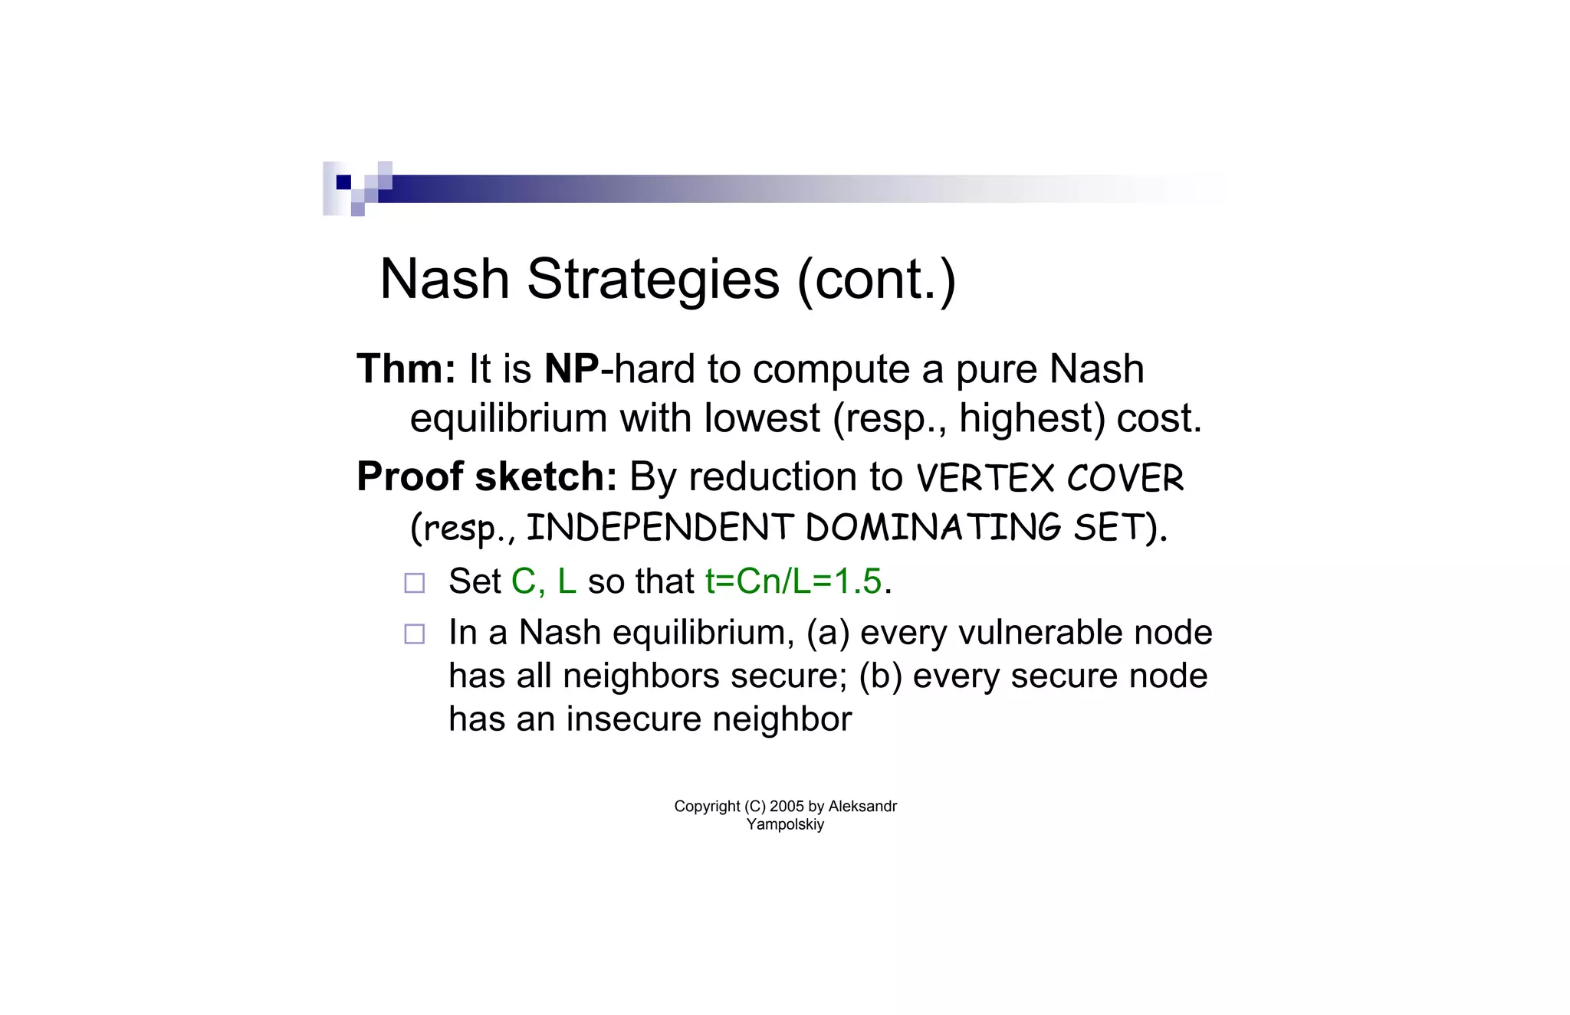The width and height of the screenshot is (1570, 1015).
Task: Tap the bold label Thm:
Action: [x=406, y=369]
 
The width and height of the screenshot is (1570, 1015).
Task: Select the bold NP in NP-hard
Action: [x=571, y=369]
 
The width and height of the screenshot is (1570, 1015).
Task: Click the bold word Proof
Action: [x=409, y=477]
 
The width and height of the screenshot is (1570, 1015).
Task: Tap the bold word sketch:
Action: [x=546, y=477]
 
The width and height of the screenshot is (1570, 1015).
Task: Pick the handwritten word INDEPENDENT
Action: [x=659, y=528]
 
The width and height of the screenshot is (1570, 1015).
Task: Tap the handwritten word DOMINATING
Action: [x=933, y=528]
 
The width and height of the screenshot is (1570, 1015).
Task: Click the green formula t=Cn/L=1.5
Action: [x=793, y=581]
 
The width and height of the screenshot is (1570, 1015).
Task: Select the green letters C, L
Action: [x=544, y=581]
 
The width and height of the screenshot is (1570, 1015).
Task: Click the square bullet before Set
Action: [x=415, y=583]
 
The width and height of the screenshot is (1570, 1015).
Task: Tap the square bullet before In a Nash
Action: [x=415, y=634]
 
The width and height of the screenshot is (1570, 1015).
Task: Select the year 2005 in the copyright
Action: [x=787, y=807]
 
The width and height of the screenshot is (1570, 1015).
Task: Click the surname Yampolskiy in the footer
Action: [x=785, y=825]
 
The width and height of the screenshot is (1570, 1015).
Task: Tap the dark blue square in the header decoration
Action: [x=343, y=182]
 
